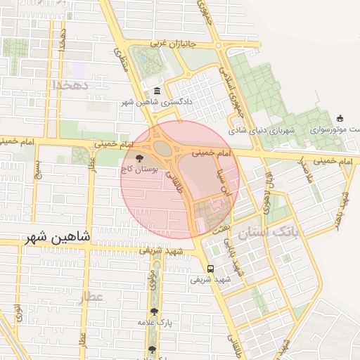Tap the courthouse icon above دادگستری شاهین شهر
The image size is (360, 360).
click(x=156, y=91)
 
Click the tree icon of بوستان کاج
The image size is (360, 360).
click(x=139, y=158)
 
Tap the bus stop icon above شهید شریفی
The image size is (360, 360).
click(x=210, y=268)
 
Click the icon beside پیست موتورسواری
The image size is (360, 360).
click(x=341, y=118)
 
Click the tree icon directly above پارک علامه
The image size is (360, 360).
click(x=154, y=311)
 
